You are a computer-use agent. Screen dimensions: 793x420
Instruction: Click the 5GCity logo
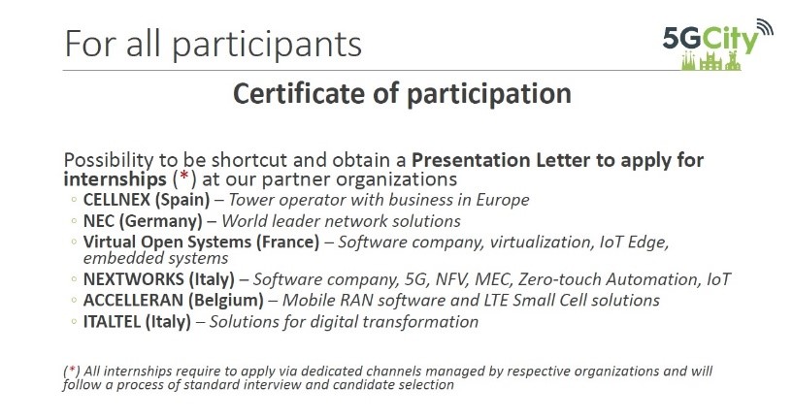tap(717, 45)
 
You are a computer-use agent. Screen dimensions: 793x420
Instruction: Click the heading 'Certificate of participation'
tap(402, 94)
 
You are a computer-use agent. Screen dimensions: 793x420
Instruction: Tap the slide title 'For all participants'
tap(213, 45)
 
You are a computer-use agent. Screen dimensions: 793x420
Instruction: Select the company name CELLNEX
tap(116, 200)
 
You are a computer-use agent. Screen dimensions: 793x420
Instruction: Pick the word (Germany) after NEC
tap(160, 221)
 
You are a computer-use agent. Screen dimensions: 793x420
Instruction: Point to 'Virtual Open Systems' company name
tap(167, 242)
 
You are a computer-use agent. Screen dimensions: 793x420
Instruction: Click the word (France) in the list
tap(287, 242)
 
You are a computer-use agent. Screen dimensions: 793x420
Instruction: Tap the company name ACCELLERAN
tap(133, 301)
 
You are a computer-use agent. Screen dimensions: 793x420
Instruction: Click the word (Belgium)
tap(225, 301)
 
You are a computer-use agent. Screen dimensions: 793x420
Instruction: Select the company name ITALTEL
tap(113, 321)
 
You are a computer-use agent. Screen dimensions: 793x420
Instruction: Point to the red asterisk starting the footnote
tap(72, 370)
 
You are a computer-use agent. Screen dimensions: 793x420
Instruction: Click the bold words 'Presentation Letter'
tap(501, 160)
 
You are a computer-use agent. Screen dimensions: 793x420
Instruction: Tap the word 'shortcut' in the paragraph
tap(249, 160)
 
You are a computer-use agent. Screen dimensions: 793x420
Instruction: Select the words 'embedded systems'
tap(155, 258)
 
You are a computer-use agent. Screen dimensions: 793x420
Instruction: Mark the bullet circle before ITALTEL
tap(74, 321)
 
